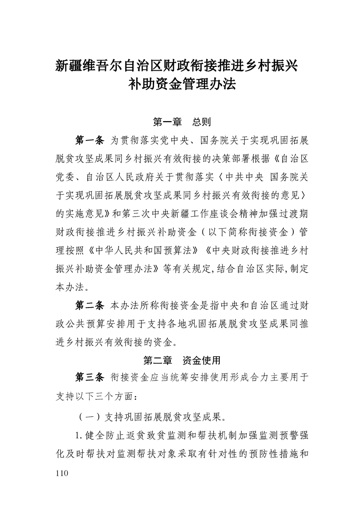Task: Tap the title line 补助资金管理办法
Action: point(182,84)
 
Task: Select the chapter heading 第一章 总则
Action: point(182,122)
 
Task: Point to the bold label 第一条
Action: point(90,140)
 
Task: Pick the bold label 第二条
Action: point(90,305)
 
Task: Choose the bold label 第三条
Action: point(90,378)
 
